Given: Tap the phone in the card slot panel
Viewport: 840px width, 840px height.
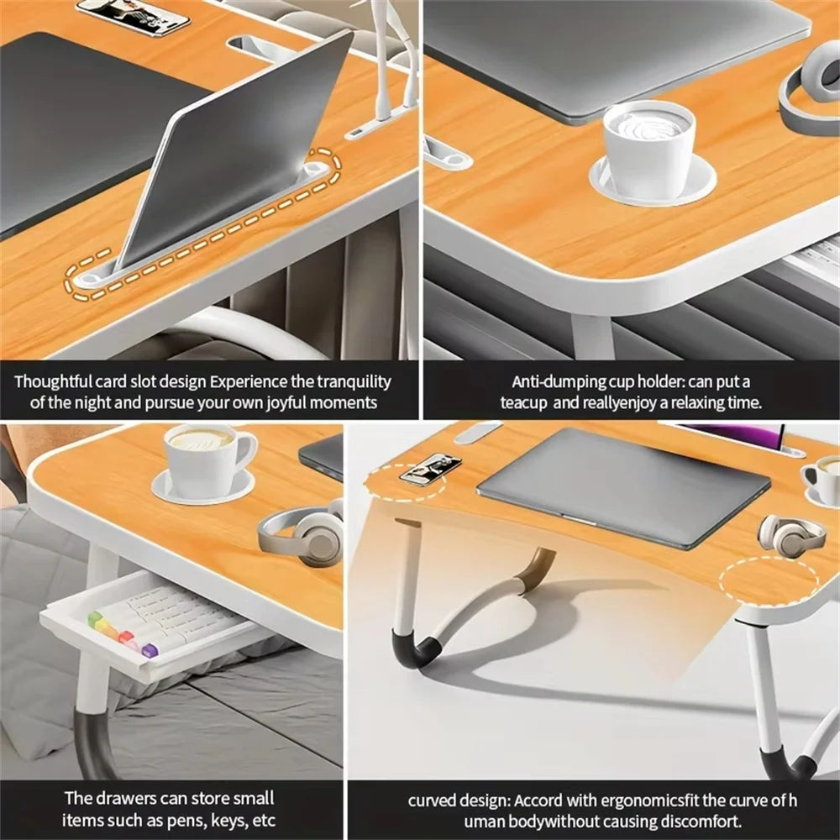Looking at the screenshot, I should [x=133, y=15].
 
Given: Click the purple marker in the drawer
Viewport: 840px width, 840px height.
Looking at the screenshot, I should [x=150, y=649].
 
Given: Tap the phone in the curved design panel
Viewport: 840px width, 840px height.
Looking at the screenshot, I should [x=430, y=470].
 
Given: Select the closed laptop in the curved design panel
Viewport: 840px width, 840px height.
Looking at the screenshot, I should [x=623, y=487].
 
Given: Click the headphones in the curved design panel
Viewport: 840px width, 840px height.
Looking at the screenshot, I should [x=790, y=535].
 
